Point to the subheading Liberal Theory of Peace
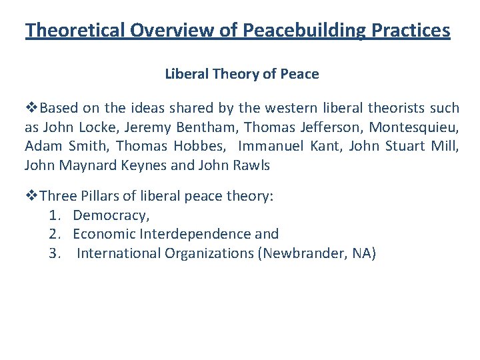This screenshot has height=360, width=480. (242, 74)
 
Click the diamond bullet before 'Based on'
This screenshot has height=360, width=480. (31, 108)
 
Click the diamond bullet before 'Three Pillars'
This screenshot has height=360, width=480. (31, 195)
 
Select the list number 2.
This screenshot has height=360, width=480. (54, 234)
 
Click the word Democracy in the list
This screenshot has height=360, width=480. (111, 215)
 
